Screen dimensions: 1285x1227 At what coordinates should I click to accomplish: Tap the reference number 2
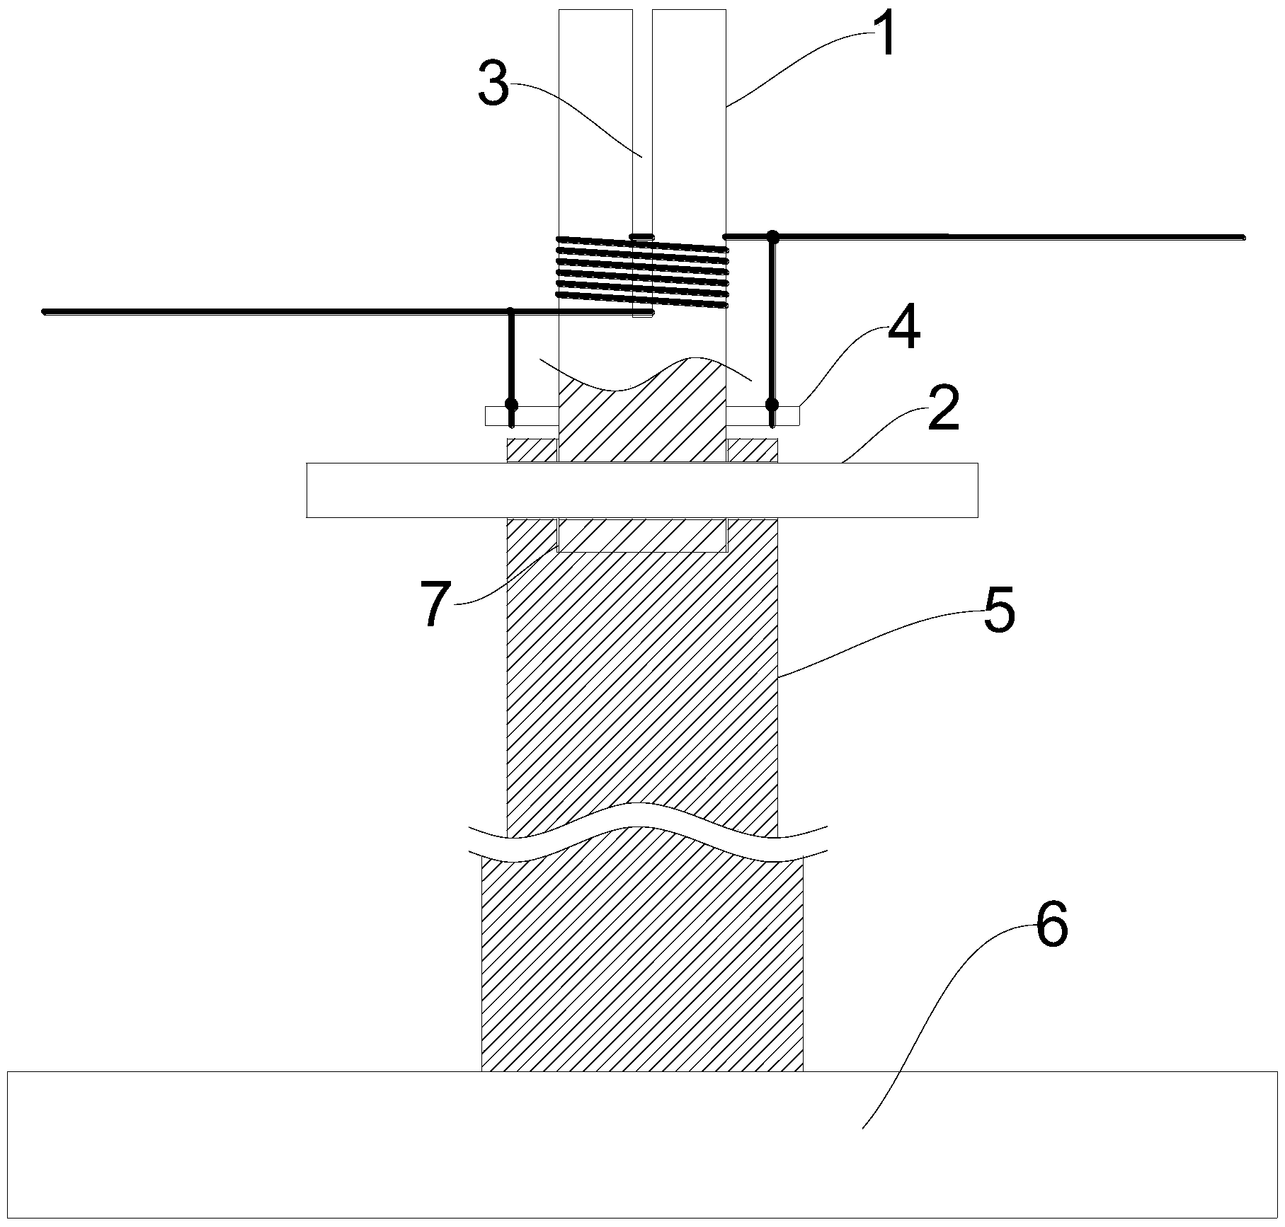click(943, 410)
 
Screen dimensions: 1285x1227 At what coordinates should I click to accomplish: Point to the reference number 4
click(903, 328)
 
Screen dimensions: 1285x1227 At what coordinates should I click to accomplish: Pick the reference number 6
click(1051, 927)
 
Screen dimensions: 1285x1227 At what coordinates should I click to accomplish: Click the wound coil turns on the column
click(642, 272)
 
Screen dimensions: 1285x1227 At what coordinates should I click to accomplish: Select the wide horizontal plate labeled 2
click(642, 490)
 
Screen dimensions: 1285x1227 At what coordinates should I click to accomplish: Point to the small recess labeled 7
click(642, 534)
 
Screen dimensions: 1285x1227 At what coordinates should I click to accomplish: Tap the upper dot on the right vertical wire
click(773, 236)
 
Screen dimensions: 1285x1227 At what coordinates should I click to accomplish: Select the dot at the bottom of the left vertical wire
click(511, 406)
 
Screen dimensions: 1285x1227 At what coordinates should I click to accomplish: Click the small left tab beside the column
click(522, 415)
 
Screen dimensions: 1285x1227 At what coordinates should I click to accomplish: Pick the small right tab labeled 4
click(763, 415)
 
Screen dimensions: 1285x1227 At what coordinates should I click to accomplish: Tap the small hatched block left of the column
click(532, 451)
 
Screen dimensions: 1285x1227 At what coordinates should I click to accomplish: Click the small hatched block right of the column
click(753, 451)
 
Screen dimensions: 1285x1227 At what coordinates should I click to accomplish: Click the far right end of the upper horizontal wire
click(1243, 237)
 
